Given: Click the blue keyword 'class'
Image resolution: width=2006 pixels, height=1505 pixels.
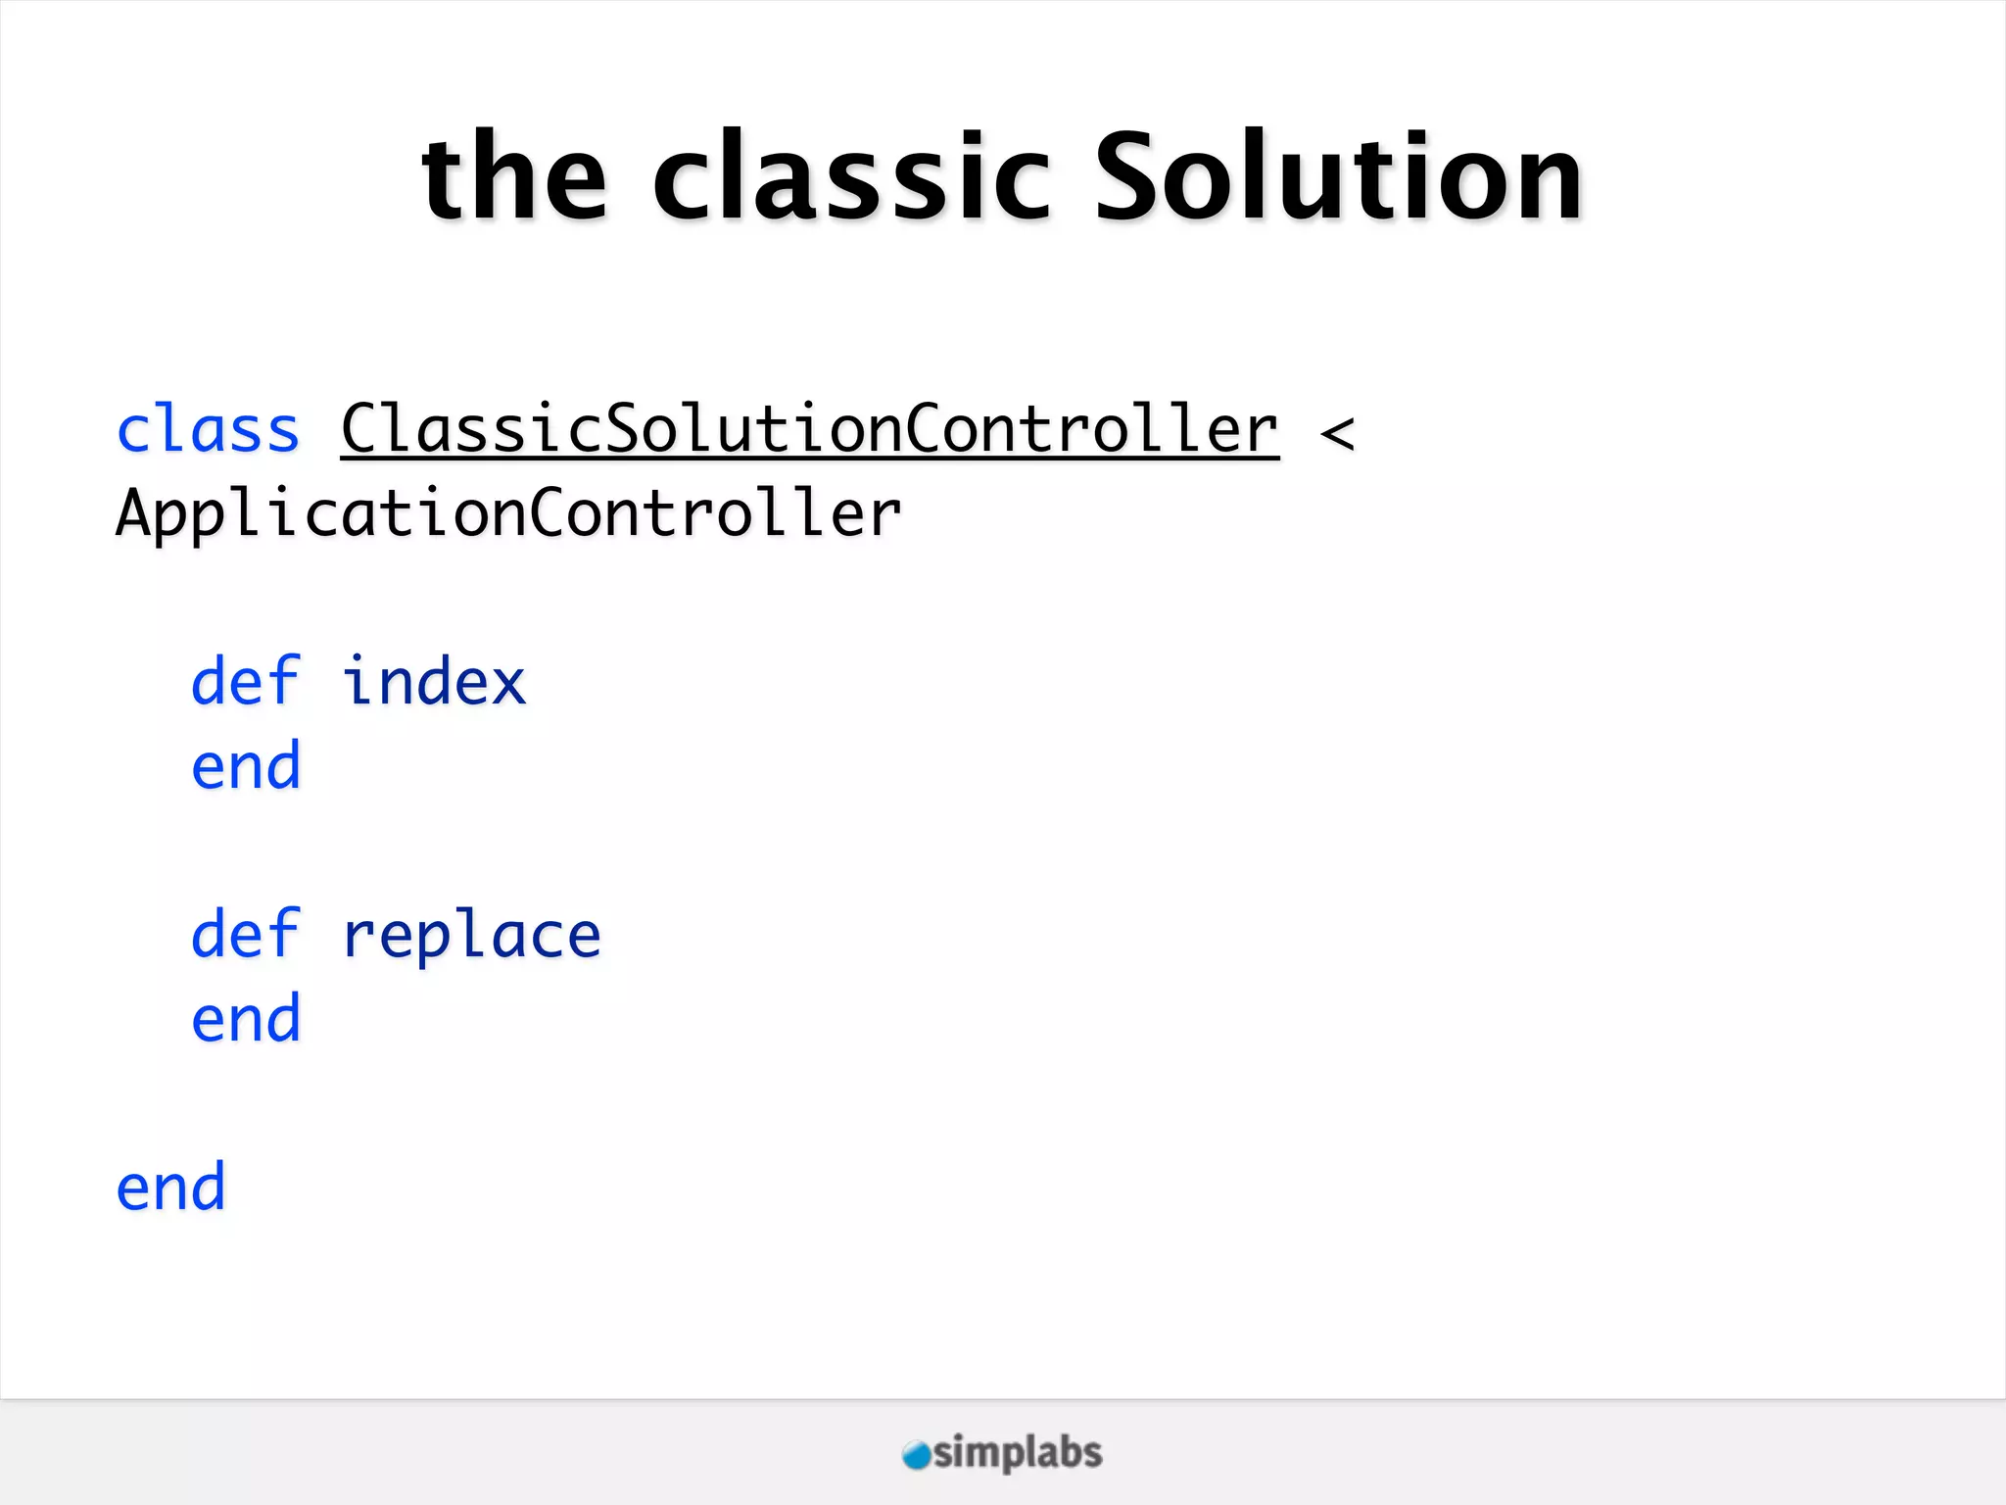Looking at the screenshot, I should click(x=208, y=430).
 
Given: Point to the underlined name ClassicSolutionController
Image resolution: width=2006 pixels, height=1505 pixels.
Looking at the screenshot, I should click(x=810, y=430).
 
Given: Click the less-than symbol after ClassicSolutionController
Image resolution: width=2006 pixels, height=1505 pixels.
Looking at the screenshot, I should click(x=1337, y=433).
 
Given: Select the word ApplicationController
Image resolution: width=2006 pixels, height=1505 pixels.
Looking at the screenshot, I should click(x=508, y=514).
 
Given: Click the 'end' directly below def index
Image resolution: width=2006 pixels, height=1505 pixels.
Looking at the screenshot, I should click(x=245, y=766).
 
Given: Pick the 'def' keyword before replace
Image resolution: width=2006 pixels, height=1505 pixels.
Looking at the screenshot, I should click(x=245, y=934).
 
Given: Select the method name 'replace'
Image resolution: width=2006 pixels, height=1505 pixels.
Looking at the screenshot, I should click(x=471, y=936).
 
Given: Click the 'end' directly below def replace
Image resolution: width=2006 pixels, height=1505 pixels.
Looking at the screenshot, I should click(x=245, y=1019).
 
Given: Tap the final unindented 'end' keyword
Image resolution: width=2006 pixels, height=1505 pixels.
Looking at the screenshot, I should click(x=170, y=1188).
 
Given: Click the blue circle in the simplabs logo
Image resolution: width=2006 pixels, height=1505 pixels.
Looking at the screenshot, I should click(x=916, y=1455).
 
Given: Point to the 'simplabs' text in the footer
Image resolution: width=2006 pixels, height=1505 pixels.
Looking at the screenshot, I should click(x=1018, y=1453).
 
